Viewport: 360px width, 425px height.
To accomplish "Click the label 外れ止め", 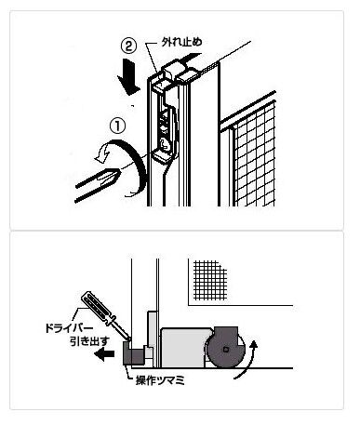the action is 182,42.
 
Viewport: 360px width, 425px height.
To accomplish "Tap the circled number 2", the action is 128,46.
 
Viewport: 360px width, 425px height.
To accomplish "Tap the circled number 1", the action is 118,127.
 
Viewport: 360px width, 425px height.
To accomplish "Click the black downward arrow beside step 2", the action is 128,76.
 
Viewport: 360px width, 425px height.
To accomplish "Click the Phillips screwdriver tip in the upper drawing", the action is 110,178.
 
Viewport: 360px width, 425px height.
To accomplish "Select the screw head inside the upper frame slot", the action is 164,142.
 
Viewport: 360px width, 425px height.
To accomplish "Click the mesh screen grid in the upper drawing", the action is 254,155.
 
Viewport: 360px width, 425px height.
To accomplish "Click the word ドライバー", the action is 69,328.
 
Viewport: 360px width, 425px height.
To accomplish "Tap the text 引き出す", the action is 89,341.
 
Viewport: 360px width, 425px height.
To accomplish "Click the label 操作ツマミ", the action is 160,380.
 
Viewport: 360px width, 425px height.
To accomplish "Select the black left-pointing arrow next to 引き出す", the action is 104,354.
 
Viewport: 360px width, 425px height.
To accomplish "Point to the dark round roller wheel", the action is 225,350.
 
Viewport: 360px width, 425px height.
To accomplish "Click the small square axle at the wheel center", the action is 226,350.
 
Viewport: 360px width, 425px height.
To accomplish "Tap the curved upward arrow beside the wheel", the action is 248,361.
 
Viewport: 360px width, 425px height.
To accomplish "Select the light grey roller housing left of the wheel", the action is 183,347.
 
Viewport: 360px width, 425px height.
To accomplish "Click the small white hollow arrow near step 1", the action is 101,153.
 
